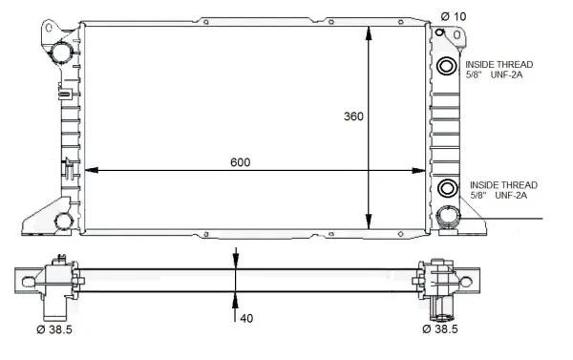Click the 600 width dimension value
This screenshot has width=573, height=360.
[240, 162]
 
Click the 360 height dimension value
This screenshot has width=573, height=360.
[353, 116]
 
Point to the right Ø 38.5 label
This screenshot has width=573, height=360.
[441, 329]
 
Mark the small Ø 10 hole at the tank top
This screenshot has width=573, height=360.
[440, 32]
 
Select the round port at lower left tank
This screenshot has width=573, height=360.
[62, 222]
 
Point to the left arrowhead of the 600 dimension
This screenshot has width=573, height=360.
[93, 171]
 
